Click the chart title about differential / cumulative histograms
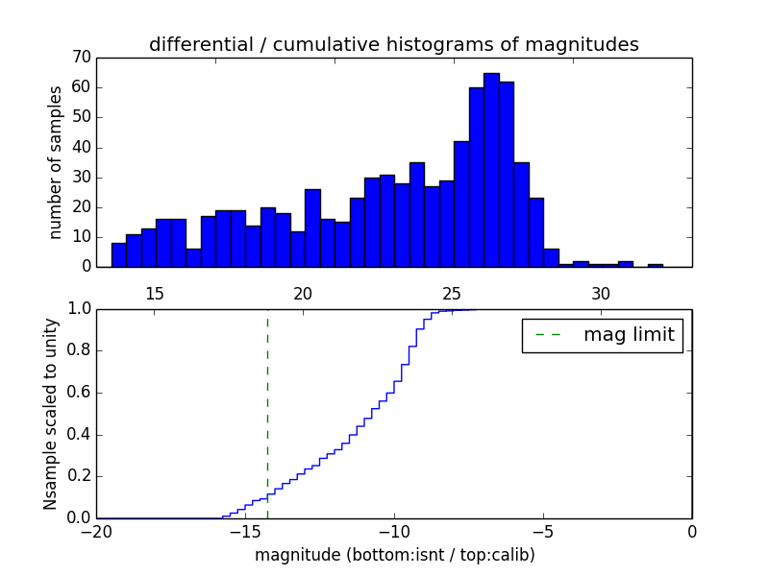(393, 44)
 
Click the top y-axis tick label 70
(81, 58)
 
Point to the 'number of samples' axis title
(56, 162)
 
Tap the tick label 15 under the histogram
(155, 293)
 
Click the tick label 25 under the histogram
(453, 293)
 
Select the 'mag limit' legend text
(629, 335)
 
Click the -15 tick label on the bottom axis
(245, 531)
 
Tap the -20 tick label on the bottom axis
(96, 531)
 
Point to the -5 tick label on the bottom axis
(543, 531)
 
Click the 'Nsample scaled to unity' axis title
(51, 415)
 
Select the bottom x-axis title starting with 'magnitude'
(394, 555)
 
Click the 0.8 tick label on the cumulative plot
(78, 351)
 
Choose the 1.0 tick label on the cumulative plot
(78, 309)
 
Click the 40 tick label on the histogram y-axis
(81, 147)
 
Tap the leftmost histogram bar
(118, 254)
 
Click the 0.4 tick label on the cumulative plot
(78, 435)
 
